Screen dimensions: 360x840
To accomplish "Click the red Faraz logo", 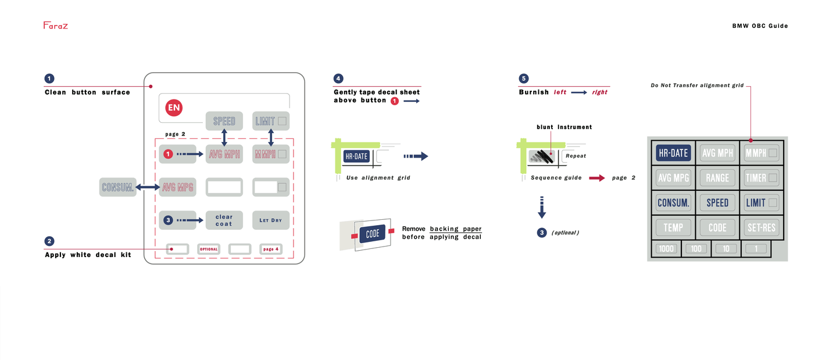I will tap(55, 26).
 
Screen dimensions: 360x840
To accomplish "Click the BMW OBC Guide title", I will tap(760, 26).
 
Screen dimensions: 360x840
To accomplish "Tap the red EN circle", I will tap(174, 108).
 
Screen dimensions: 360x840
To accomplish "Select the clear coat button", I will tap(224, 220).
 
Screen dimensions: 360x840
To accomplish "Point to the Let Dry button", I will tap(270, 220).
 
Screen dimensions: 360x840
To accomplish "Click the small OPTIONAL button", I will tap(209, 249).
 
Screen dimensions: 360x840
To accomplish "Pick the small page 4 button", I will tap(270, 249).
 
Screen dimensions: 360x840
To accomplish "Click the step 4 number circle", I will tap(338, 79).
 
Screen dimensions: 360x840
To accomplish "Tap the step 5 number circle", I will tap(524, 79).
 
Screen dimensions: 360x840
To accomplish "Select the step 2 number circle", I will tap(49, 241).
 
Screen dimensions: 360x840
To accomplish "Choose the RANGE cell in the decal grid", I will tap(717, 178).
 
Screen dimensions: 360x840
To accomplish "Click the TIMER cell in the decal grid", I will tap(761, 178).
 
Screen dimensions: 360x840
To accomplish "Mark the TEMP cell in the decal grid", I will tap(673, 227).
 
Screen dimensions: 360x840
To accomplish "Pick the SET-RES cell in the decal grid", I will tap(761, 227).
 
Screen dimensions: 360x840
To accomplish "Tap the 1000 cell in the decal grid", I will tap(666, 249).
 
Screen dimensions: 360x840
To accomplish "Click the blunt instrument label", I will tap(564, 127).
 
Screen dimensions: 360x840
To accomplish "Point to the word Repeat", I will tap(576, 156).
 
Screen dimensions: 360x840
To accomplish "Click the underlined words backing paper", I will tap(455, 229).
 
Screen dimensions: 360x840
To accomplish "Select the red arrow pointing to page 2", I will tap(596, 178).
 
